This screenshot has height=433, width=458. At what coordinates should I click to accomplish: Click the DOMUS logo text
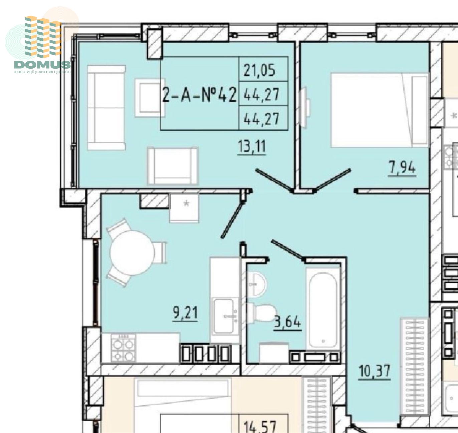click(x=42, y=64)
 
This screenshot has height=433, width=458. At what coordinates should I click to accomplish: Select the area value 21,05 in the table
click(x=259, y=70)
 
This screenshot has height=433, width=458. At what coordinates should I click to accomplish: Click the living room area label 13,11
click(x=252, y=147)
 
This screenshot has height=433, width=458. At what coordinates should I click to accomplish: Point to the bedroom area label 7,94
click(x=402, y=168)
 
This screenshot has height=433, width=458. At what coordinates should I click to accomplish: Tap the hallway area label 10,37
click(x=375, y=371)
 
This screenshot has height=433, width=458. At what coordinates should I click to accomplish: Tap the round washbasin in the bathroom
click(x=257, y=284)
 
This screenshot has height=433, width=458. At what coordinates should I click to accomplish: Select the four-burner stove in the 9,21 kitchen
click(x=123, y=348)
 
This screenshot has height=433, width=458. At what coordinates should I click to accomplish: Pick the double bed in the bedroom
click(x=380, y=110)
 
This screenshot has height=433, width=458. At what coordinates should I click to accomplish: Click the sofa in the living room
click(x=106, y=107)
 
